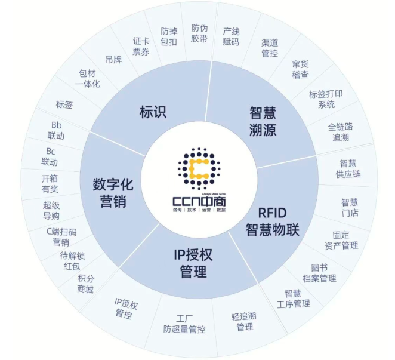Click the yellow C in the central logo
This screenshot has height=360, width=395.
[199, 168]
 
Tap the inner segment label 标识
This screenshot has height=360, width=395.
[153, 112]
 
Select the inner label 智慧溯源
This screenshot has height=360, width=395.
[263, 122]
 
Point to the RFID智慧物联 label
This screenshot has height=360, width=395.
[272, 221]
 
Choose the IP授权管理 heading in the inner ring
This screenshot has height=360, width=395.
[193, 263]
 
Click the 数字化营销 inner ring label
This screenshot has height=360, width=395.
[113, 193]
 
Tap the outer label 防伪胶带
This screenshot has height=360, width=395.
[199, 33]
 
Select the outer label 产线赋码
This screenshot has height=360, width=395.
[231, 36]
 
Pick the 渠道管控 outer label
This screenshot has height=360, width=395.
[270, 48]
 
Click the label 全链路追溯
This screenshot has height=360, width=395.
[340, 132]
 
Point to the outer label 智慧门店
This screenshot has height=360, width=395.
[350, 208]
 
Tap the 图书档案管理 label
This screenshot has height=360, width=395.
[319, 273]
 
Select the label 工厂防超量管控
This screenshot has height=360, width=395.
[184, 324]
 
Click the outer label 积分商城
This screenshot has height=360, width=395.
[85, 284]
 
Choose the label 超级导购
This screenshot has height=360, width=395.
[51, 211]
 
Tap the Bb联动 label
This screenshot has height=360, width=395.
[56, 131]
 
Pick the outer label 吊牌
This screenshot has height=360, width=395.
[113, 60]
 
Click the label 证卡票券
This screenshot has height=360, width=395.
[141, 47]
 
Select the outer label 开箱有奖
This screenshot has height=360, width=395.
[50, 184]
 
